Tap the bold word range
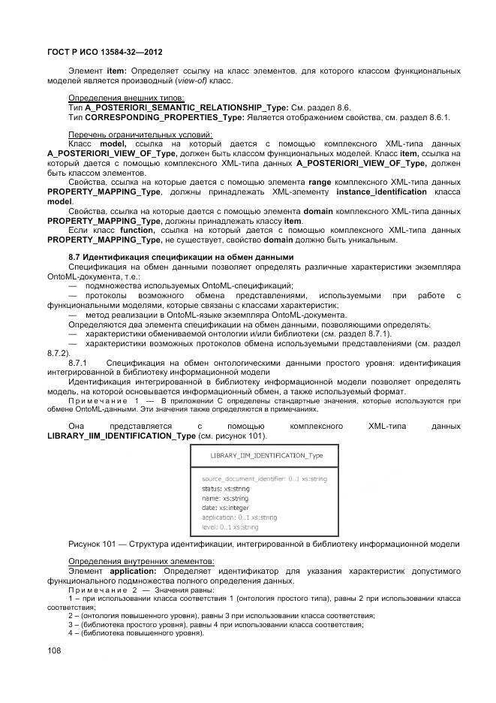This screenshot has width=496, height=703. pyautogui.click(x=320, y=183)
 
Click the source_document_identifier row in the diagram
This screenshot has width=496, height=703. pyautogui.click(x=253, y=478)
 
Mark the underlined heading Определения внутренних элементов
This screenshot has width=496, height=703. pyautogui.click(x=131, y=561)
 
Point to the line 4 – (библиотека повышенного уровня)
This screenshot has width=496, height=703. pyautogui.click(x=136, y=632)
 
